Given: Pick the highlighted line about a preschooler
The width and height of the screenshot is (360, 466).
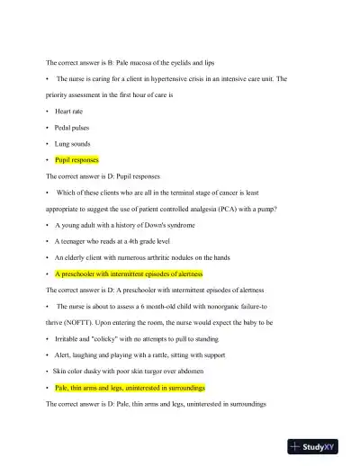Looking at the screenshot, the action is pyautogui.click(x=129, y=273).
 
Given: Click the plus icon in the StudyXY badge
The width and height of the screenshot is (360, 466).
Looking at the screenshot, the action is pyautogui.click(x=295, y=447).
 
